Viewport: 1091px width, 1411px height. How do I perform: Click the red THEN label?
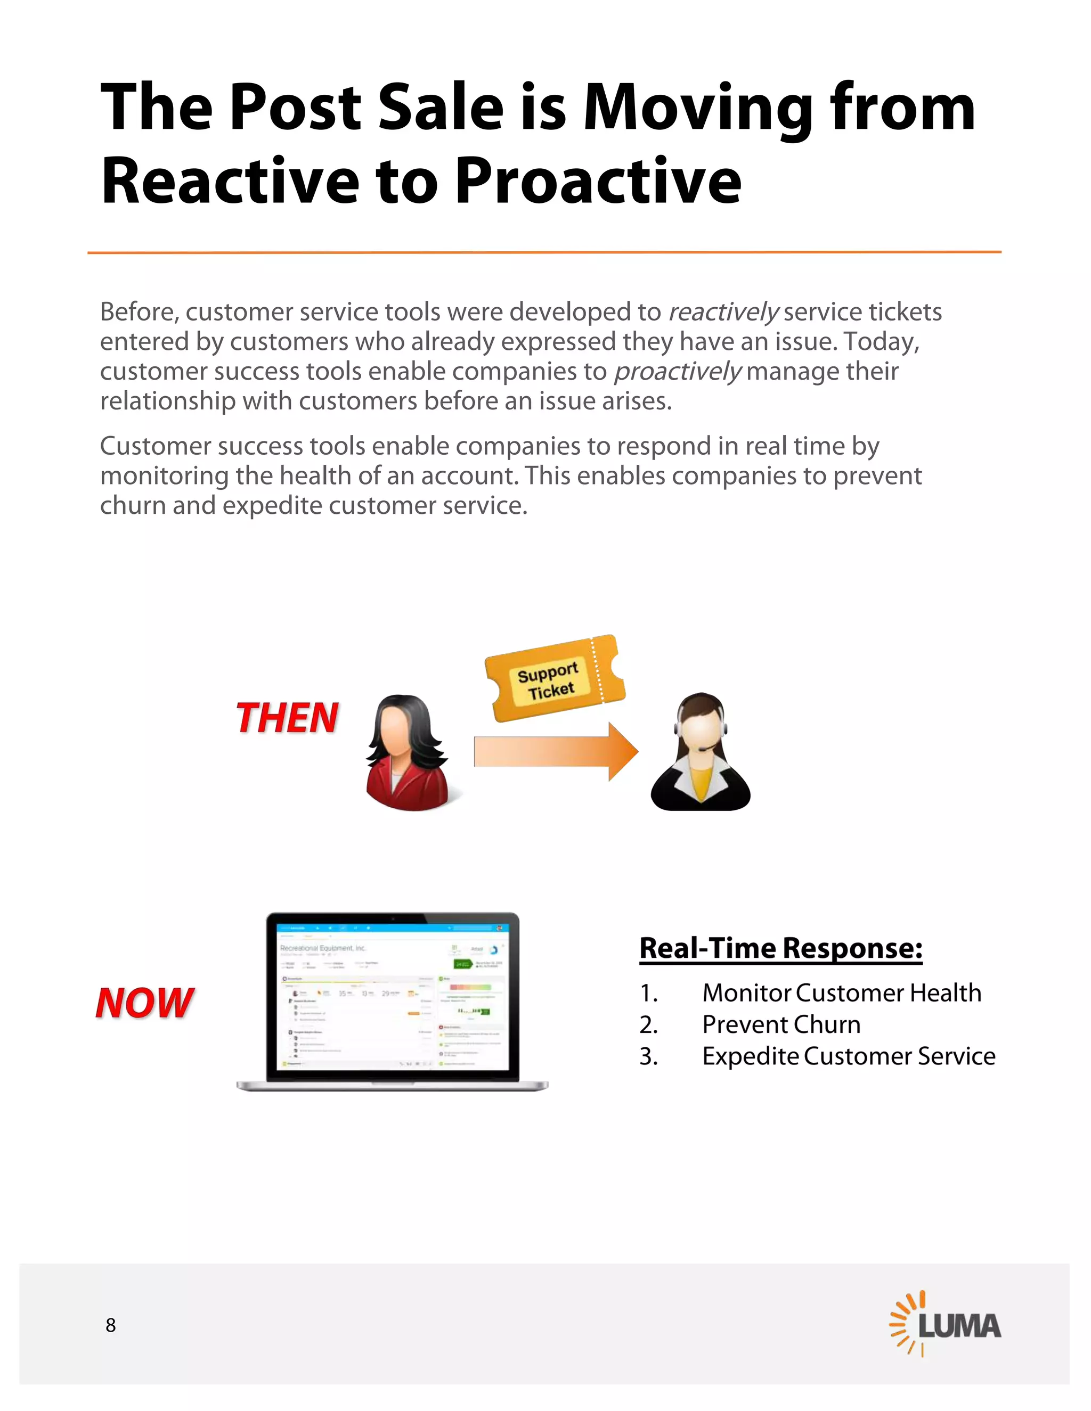(x=287, y=718)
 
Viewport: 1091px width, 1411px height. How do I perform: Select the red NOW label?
(x=145, y=1003)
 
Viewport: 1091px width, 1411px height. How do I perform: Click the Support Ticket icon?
(x=555, y=678)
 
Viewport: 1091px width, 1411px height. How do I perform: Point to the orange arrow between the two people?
(x=556, y=751)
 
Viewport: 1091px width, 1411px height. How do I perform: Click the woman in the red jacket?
(x=407, y=753)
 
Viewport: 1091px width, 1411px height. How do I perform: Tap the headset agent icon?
(x=700, y=753)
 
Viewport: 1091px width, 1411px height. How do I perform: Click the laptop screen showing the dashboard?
(x=392, y=996)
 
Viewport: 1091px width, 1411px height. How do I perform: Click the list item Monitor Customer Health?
(x=842, y=993)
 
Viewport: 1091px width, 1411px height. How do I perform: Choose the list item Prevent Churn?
(x=781, y=1024)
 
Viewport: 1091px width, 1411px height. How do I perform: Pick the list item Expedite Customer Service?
(x=848, y=1056)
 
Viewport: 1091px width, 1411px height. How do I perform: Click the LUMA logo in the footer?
(x=945, y=1324)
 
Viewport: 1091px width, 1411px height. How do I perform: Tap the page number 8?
(x=110, y=1325)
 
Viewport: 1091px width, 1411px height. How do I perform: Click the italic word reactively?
(x=722, y=313)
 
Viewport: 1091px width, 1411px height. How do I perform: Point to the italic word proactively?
(x=677, y=372)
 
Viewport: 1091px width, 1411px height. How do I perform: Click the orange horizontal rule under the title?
(x=544, y=252)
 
